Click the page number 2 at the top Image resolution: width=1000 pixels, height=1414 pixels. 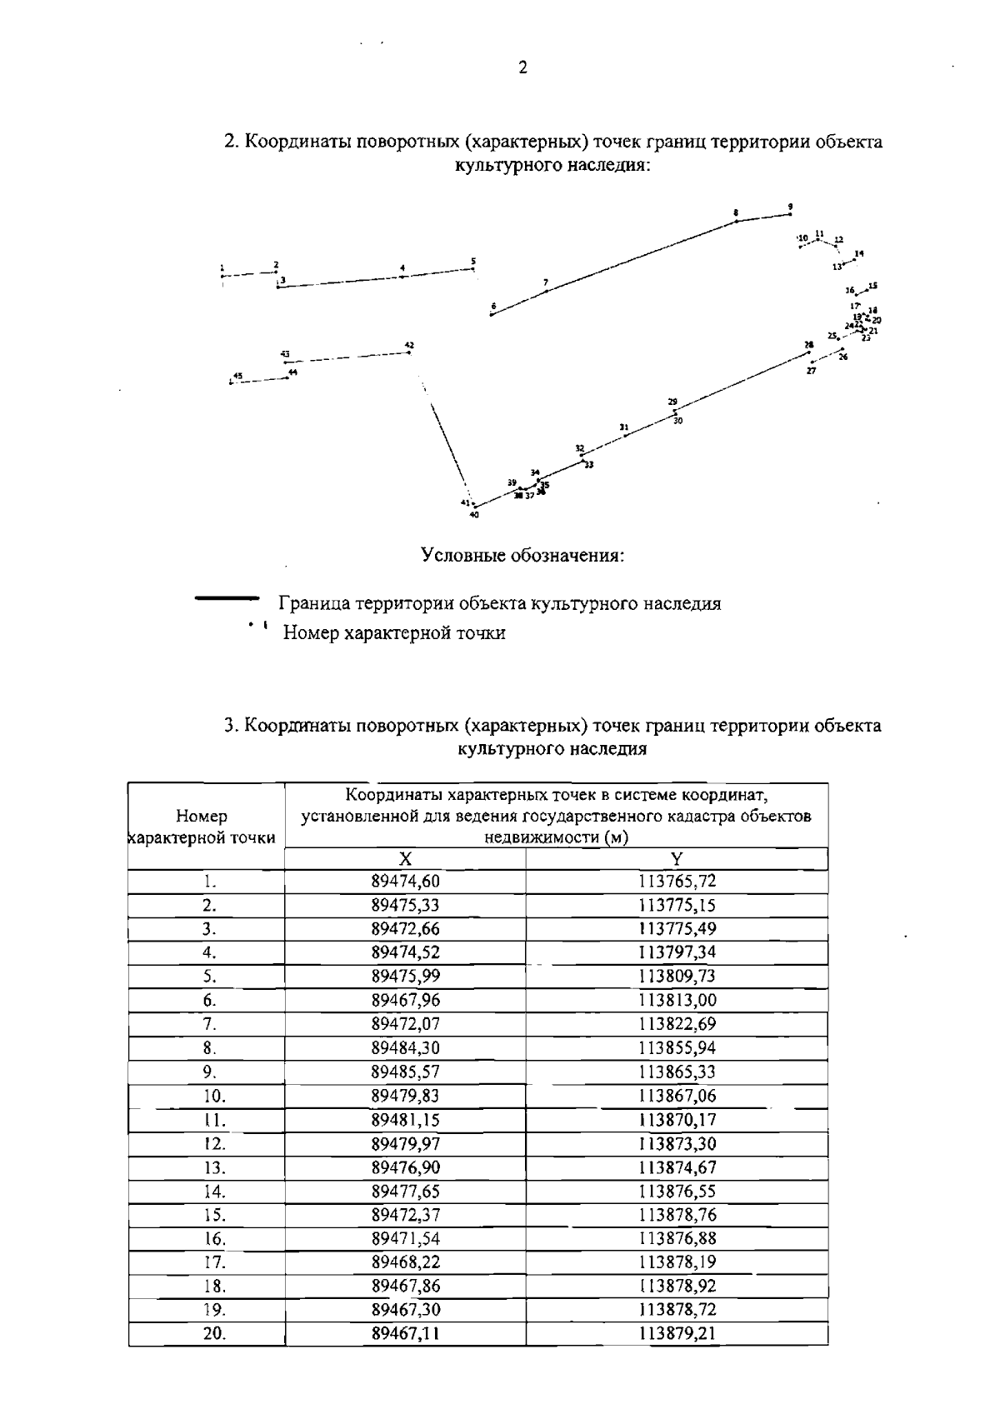[522, 68]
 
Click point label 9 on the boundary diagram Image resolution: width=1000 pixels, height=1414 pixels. [790, 207]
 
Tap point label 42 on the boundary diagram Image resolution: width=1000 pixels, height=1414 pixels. [409, 345]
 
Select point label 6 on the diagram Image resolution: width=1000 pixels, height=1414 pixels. [493, 307]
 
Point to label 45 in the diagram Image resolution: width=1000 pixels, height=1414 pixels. [237, 377]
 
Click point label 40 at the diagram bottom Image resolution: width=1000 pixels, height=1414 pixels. [474, 515]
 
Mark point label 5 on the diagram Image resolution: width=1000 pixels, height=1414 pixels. [473, 262]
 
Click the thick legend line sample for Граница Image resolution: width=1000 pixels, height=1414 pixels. [227, 598]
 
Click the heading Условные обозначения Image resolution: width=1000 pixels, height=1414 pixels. [522, 555]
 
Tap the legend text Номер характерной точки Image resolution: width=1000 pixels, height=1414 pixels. [394, 633]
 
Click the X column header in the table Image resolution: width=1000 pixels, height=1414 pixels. [405, 859]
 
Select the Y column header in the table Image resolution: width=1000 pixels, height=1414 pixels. [677, 859]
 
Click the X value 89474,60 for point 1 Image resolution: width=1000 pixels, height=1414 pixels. [405, 882]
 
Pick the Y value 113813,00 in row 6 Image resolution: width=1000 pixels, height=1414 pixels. [677, 1000]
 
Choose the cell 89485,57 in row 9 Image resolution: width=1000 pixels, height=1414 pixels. [405, 1072]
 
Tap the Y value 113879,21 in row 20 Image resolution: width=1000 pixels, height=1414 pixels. [677, 1333]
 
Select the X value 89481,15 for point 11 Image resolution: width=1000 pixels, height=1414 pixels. [405, 1119]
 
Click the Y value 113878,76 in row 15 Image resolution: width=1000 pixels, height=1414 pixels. [677, 1215]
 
